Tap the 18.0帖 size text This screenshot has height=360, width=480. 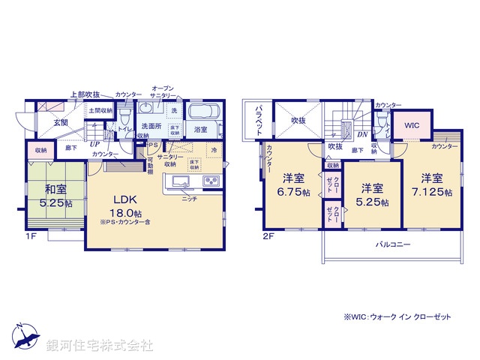coord(123,213)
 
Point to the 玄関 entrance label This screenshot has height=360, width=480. coord(61,121)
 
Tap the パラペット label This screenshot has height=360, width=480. coord(256,119)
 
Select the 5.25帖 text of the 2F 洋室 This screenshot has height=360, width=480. coord(371,202)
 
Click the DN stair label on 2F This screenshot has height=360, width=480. coord(361,135)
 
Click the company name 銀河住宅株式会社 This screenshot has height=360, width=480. coord(100,346)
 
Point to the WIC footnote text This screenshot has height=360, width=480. coord(397,317)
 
